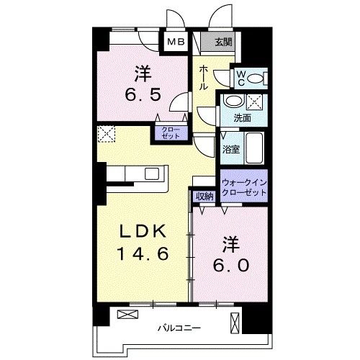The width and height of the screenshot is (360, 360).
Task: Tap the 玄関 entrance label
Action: click(222, 42)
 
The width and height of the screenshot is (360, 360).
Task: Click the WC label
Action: click(240, 76)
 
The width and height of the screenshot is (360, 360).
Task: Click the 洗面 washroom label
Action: click(242, 117)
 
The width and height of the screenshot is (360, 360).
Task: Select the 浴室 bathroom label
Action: click(231, 149)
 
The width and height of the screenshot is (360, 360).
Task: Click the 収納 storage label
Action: click(204, 196)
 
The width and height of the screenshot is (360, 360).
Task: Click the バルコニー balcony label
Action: click(180, 328)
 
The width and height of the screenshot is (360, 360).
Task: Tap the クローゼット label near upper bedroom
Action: click(170, 132)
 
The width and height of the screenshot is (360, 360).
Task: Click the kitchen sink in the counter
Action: click(153, 174)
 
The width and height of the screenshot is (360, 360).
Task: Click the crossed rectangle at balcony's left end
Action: click(127, 315)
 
